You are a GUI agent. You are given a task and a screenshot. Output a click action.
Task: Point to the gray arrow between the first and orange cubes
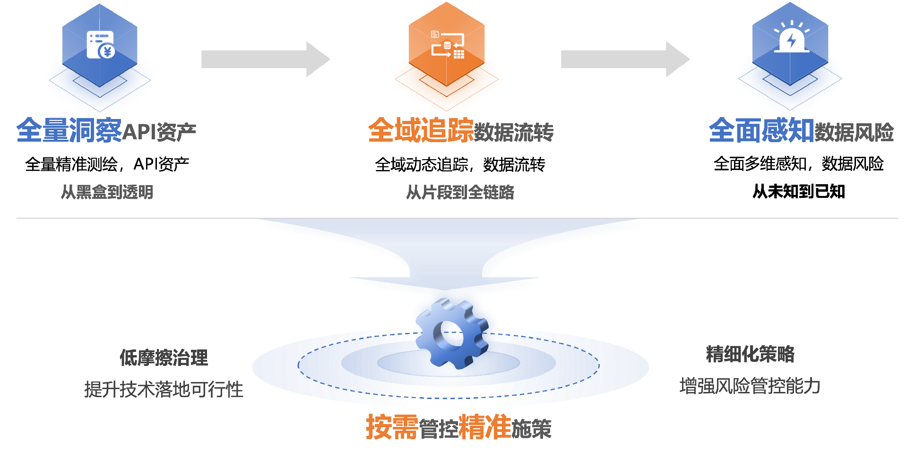point(265,59)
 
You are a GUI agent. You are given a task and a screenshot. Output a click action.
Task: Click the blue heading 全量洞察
point(69,130)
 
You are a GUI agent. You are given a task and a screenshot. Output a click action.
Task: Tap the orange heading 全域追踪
point(421,130)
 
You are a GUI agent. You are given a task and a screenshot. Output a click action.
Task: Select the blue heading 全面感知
point(761,130)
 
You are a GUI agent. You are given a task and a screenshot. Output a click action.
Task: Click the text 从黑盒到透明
point(107,192)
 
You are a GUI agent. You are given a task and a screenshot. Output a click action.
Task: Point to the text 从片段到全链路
point(460,192)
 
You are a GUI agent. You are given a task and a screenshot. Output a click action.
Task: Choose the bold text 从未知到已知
point(799,191)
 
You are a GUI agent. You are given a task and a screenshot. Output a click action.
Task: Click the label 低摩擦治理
point(164,357)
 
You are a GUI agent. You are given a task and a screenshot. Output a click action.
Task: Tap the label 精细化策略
point(750,354)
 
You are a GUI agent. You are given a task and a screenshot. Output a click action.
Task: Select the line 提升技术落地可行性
point(164,390)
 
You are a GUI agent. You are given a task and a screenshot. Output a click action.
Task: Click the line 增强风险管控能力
point(750,386)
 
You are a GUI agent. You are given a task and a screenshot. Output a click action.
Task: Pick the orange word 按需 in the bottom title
point(392,427)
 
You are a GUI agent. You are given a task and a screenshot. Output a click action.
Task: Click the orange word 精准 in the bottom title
point(485,427)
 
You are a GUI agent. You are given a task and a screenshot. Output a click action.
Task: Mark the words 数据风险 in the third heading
point(854,132)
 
